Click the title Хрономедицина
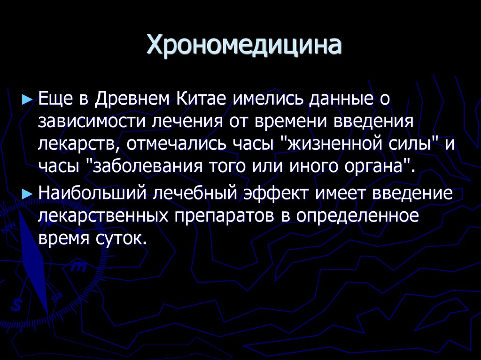point(244,46)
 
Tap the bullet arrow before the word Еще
point(28,100)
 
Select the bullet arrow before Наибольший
point(28,192)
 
